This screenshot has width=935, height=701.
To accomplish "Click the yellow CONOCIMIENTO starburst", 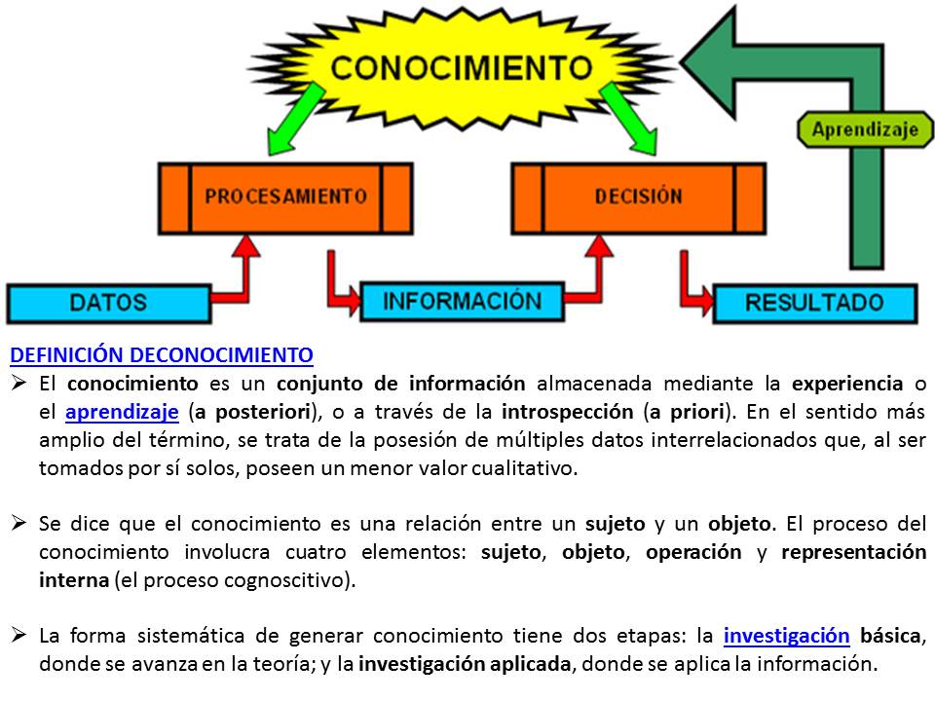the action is (x=460, y=68).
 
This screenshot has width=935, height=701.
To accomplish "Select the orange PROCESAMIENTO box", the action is (x=285, y=196).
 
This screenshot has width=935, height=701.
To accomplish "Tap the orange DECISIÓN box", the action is (x=638, y=196).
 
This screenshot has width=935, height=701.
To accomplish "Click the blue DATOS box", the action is (x=108, y=302).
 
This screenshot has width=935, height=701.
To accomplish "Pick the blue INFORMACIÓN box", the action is (x=462, y=301).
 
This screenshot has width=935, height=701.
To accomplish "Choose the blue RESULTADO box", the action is (x=814, y=302).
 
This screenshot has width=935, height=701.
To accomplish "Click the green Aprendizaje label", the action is (x=865, y=129).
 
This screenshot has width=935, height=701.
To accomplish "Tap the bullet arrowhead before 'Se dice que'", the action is (x=19, y=524).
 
